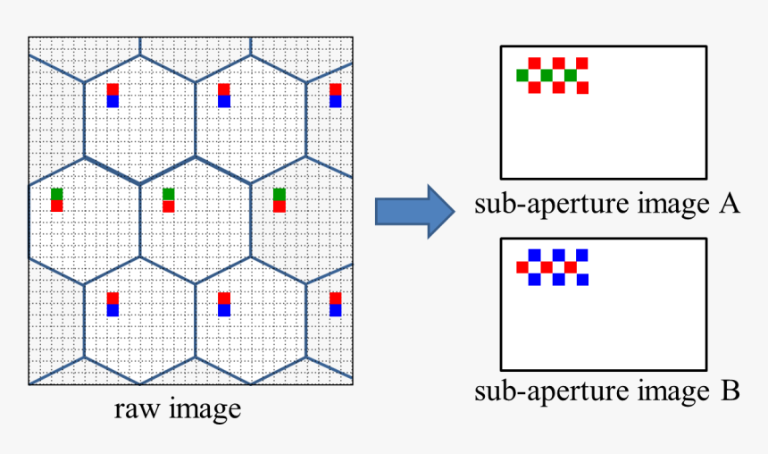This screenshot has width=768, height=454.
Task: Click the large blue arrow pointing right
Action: pos(415,211)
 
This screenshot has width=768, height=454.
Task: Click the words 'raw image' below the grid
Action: pos(178,409)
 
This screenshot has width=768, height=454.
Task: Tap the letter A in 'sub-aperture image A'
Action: pos(729,205)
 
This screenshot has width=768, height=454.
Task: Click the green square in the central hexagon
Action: pos(169,194)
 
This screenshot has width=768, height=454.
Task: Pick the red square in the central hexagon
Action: pos(169,206)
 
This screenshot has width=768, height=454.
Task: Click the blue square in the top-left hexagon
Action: pos(113,101)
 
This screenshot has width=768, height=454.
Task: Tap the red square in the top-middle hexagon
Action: pos(223,89)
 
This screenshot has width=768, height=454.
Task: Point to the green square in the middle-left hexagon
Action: pos(57,194)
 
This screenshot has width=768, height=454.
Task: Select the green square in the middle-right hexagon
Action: pos(280,194)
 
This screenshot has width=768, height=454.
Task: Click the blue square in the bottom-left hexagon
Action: pos(113,310)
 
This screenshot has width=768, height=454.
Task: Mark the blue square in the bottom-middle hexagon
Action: pos(223,310)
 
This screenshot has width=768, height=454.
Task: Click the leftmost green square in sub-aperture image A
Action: pos(522,75)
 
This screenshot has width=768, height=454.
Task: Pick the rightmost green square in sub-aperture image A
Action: pos(570,75)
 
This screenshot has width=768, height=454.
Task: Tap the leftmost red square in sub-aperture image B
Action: pos(522,267)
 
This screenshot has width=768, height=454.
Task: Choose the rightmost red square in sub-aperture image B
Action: pos(570,267)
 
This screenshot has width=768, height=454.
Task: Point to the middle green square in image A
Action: pos(547,75)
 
